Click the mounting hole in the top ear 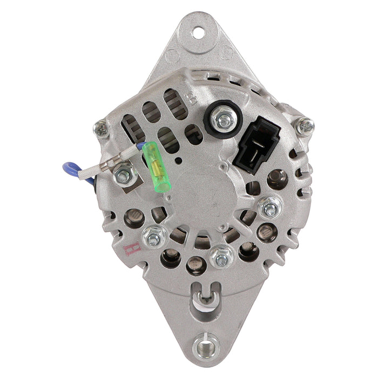pos(199,33)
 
